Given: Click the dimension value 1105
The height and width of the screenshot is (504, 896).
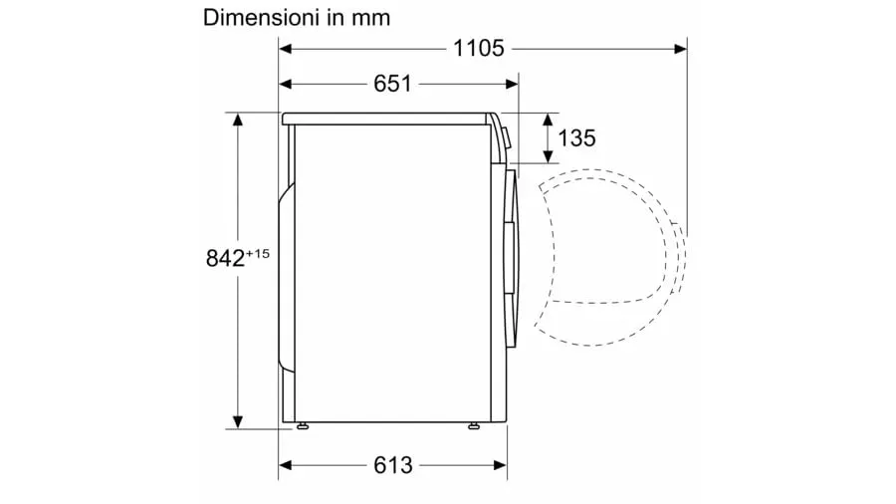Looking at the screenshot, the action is click(x=478, y=48).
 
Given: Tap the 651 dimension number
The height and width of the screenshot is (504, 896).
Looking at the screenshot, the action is click(x=392, y=84).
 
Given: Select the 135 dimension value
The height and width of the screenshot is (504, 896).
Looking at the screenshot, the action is click(x=576, y=138).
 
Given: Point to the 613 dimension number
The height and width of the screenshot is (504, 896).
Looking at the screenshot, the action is click(x=392, y=465).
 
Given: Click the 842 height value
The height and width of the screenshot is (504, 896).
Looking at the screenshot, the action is click(x=225, y=258).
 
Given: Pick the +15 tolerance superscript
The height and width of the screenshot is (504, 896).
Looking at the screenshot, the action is click(x=258, y=253).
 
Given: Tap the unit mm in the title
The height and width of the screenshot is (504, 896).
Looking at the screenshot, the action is click(x=371, y=18).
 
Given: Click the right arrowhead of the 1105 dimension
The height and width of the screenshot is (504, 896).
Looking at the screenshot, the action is click(x=681, y=49).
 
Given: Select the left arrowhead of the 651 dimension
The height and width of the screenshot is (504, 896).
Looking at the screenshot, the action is click(x=285, y=85).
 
